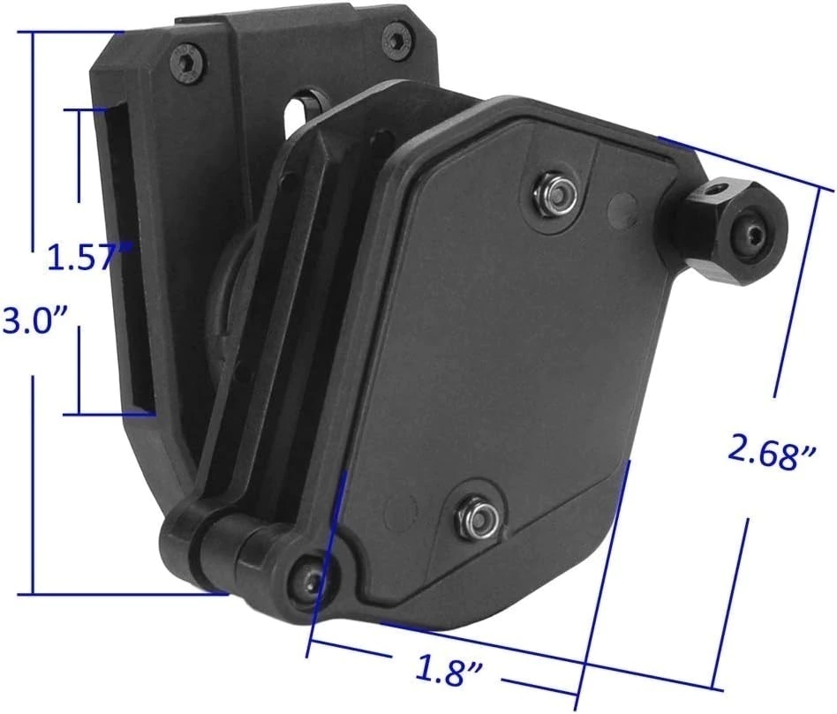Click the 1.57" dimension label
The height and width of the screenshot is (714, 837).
tap(88, 256)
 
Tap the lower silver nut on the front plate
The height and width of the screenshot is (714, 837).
tap(478, 514)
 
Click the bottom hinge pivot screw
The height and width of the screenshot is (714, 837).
tap(310, 581)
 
